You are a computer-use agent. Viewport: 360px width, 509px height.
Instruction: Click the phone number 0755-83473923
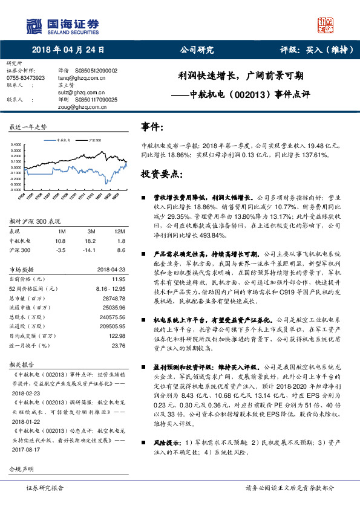click(25, 78)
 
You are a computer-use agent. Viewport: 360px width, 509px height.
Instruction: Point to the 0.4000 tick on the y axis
click(16, 144)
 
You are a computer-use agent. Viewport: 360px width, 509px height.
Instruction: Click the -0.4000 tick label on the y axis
click(15, 190)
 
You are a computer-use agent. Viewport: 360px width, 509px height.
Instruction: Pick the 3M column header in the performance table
click(91, 232)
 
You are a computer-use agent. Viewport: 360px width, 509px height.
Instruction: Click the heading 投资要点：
click(160, 174)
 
